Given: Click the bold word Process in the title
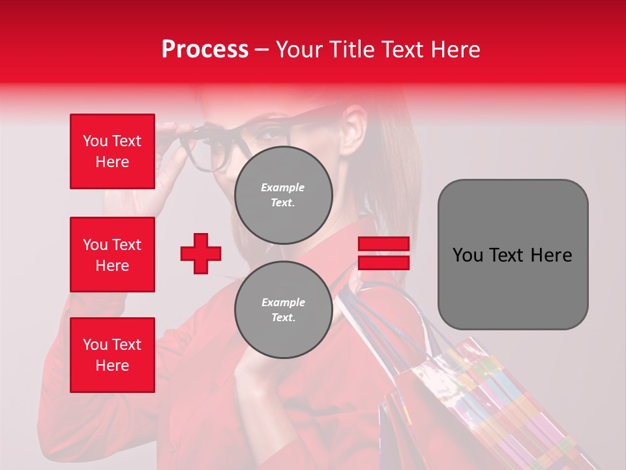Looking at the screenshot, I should [x=205, y=50].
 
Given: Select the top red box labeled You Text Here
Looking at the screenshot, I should [x=112, y=151].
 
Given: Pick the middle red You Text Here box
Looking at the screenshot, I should [x=112, y=255].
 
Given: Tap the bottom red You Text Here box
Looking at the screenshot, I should [x=112, y=355].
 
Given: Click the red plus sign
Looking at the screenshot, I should [x=201, y=253].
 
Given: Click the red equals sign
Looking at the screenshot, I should [x=383, y=253].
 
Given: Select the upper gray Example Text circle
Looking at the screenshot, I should [x=283, y=195].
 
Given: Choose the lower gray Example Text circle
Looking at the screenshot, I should [x=283, y=309].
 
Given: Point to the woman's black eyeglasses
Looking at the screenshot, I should [x=215, y=147].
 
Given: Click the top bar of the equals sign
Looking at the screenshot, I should [x=383, y=244].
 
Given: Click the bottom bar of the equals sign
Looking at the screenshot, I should [x=383, y=262].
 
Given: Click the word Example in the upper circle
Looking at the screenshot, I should [x=283, y=187].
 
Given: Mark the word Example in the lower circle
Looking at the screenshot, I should [x=283, y=302].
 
